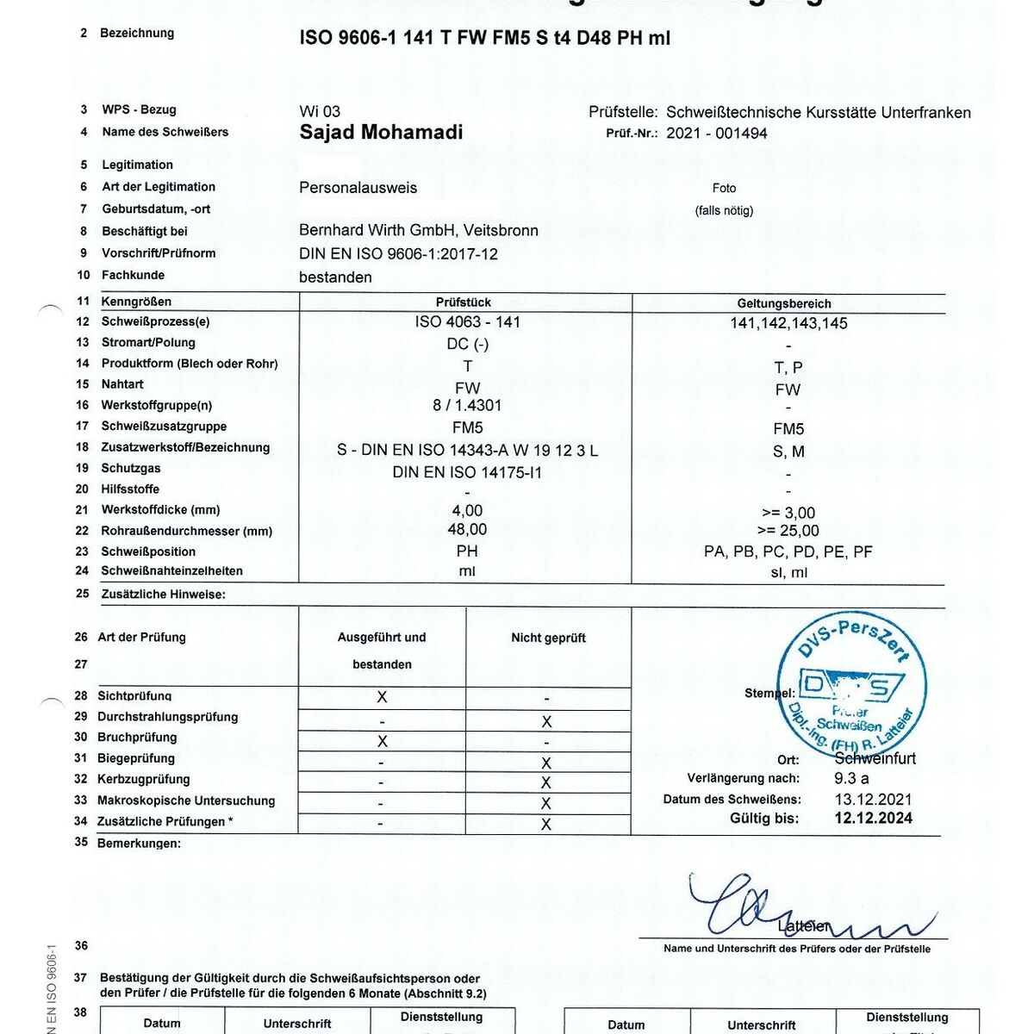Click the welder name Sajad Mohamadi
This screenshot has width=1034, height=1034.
pos(381,132)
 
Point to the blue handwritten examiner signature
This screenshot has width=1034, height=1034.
pos(775,909)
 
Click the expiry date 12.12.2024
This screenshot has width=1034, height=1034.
pos(873,819)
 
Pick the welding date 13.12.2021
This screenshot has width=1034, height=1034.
pos(873,799)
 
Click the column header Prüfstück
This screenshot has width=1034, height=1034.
pos(464,302)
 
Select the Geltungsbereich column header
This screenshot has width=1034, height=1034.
pos(784,303)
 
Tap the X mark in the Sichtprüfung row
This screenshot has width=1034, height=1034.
pos(383,697)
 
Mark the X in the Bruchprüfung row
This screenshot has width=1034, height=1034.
pos(383,741)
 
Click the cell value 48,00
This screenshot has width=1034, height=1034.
pos(467,529)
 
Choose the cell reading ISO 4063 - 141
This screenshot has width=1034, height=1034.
pos(467,322)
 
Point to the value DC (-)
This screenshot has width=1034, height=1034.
pos(467,344)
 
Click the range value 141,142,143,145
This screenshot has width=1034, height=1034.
pos(788,323)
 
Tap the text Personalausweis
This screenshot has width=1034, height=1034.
pos(358,188)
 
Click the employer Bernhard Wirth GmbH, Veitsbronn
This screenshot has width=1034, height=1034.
pos(419,231)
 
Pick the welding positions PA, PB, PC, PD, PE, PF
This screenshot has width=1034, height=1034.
pos(788,551)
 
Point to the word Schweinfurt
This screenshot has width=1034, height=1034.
pos(875,759)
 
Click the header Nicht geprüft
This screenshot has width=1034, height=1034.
pos(548,638)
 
